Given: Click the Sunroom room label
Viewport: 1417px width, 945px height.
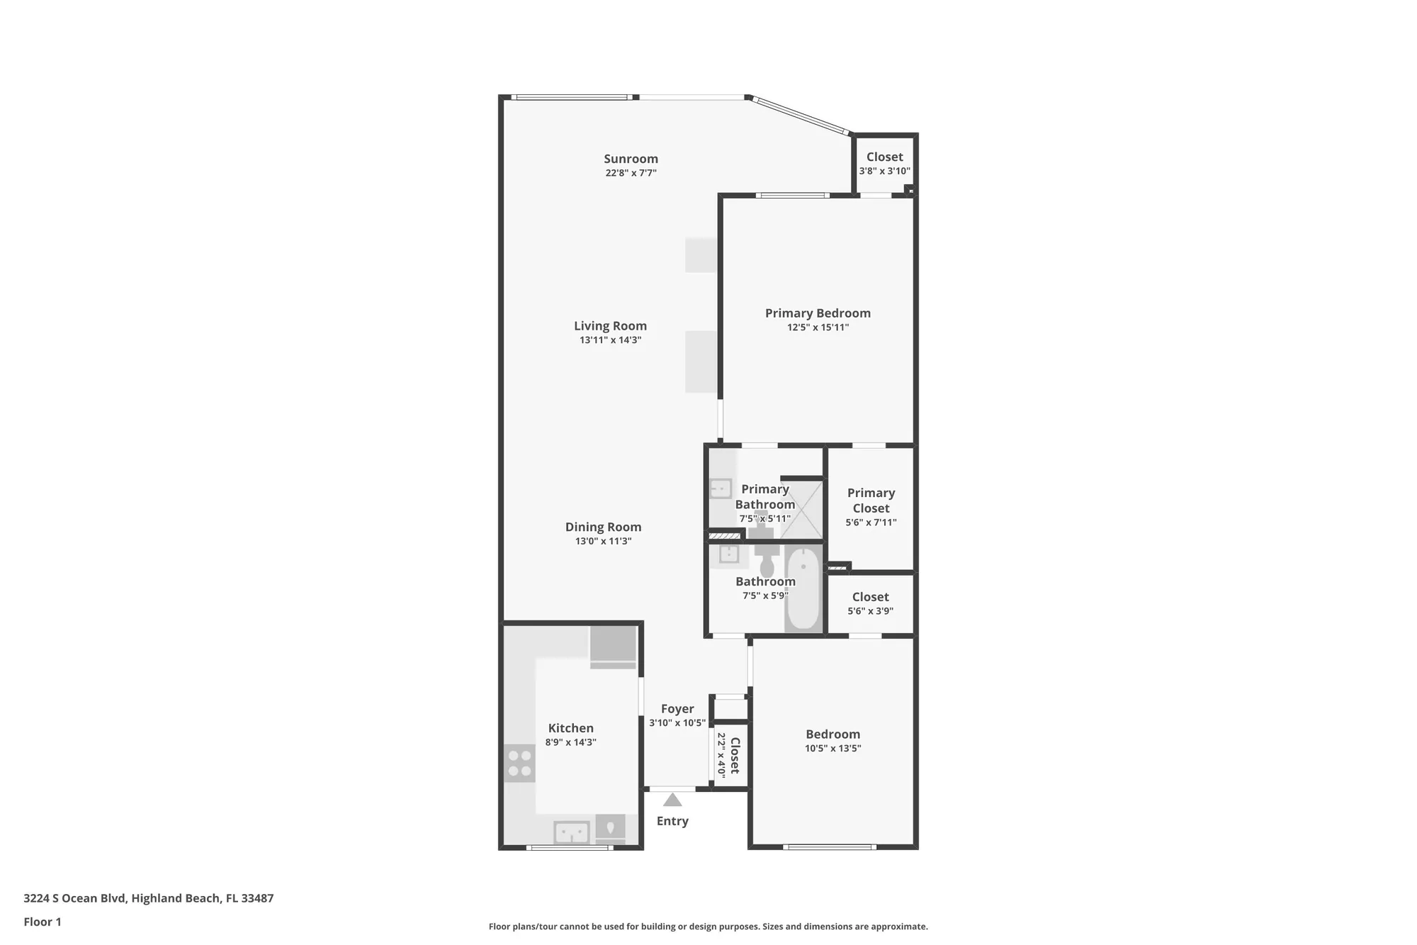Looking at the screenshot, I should [x=631, y=159].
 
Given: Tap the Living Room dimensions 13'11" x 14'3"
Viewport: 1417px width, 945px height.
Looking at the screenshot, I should [x=610, y=340].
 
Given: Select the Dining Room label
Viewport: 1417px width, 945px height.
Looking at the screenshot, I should [x=603, y=527].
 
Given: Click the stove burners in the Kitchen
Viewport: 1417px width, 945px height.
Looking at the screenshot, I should [x=519, y=764].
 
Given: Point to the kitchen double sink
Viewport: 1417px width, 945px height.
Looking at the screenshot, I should [x=571, y=832].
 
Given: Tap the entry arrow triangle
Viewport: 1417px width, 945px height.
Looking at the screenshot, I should [x=672, y=800].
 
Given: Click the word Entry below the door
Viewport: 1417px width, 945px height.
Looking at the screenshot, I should [x=672, y=821].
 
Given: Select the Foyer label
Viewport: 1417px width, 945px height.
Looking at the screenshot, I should [x=677, y=709].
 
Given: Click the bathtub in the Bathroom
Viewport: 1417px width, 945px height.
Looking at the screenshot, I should [x=803, y=588].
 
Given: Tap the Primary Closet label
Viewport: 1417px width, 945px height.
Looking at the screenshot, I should [x=871, y=501].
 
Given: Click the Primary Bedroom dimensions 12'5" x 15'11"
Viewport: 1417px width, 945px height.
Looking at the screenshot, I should [x=818, y=328].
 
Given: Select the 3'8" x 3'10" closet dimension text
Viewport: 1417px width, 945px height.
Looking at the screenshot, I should [x=884, y=171].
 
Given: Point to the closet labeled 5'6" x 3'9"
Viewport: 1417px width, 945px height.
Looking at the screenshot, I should [x=870, y=603].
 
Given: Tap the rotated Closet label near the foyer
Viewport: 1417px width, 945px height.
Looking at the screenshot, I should [x=735, y=756].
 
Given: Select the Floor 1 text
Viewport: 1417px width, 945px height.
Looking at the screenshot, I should [x=43, y=922].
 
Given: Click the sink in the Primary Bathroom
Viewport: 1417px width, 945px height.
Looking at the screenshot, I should [x=721, y=488].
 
